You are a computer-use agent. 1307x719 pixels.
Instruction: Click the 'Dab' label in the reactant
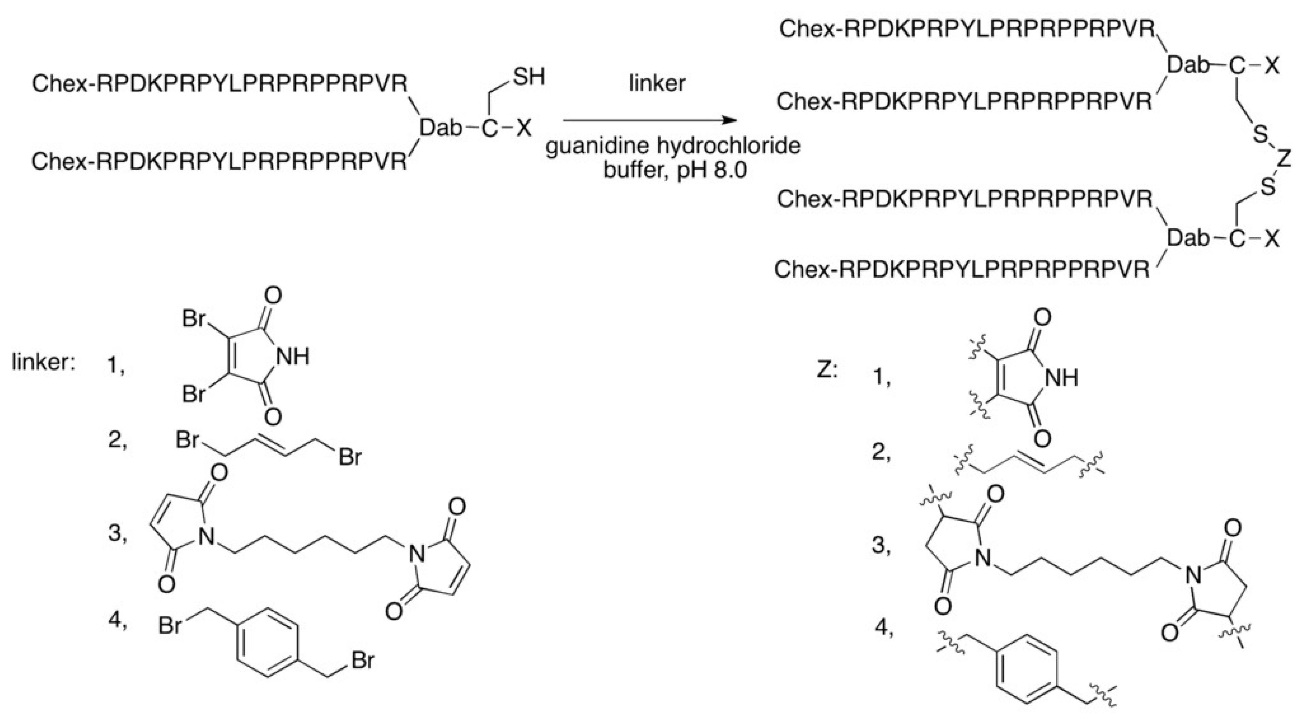click(x=440, y=128)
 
